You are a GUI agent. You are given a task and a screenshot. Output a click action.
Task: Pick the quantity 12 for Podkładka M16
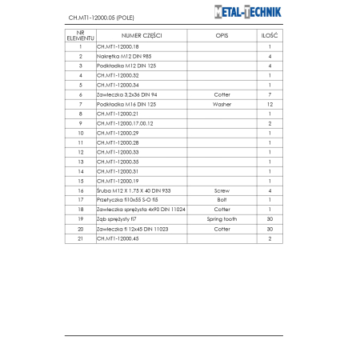click(270, 104)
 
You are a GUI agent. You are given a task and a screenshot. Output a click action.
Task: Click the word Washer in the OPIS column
click(222, 104)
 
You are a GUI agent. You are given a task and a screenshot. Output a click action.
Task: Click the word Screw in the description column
click(222, 190)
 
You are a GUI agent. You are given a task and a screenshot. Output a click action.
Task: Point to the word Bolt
click(222, 200)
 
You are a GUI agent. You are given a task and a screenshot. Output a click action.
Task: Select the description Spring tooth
click(222, 219)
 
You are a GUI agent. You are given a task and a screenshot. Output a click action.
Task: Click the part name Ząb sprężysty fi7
click(115, 219)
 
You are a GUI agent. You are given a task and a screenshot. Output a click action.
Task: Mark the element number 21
click(81, 238)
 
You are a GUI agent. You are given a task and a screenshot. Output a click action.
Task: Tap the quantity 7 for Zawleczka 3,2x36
click(270, 94)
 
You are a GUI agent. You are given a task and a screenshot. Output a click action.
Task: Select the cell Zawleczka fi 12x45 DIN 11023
click(132, 229)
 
